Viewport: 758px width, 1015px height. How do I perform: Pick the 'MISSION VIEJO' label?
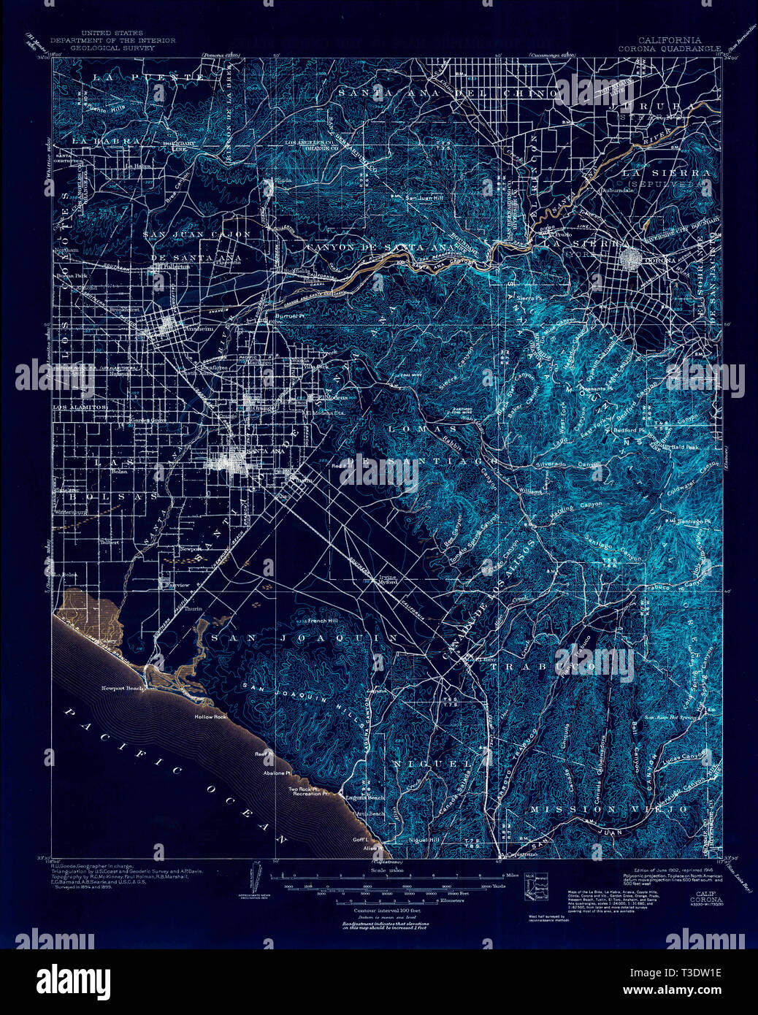(x=609, y=809)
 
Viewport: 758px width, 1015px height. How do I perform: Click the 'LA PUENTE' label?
(x=147, y=77)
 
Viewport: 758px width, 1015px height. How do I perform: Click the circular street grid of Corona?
(x=630, y=259)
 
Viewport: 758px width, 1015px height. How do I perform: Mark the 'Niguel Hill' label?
(x=424, y=840)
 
